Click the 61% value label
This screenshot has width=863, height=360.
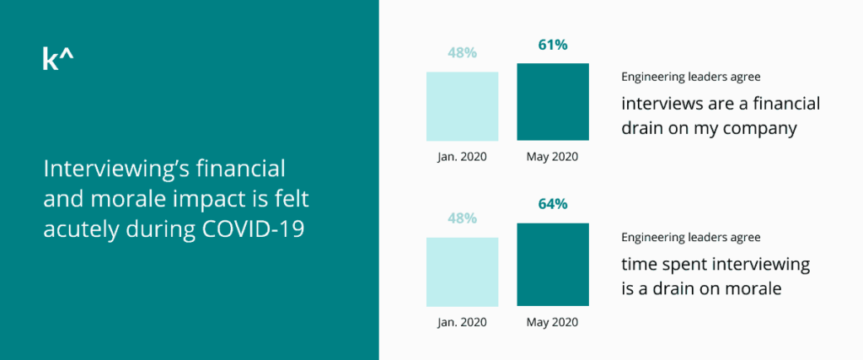coord(552,45)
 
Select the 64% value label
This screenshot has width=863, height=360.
coord(552,204)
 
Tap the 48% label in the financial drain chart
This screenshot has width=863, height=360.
coord(462,52)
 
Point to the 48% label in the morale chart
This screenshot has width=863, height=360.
coord(462,218)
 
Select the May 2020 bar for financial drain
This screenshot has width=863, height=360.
coord(552,102)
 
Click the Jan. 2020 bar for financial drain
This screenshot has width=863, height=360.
coord(462,106)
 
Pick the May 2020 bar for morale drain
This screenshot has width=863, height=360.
coord(552,264)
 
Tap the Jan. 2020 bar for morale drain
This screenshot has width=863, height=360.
coord(462,271)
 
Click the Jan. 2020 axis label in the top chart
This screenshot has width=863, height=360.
coord(462,157)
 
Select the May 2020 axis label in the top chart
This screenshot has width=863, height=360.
coord(552,157)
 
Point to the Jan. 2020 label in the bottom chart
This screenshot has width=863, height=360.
coord(462,322)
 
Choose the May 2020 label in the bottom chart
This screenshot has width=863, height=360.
coord(552,322)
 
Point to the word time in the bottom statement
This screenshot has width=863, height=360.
coord(641,265)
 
